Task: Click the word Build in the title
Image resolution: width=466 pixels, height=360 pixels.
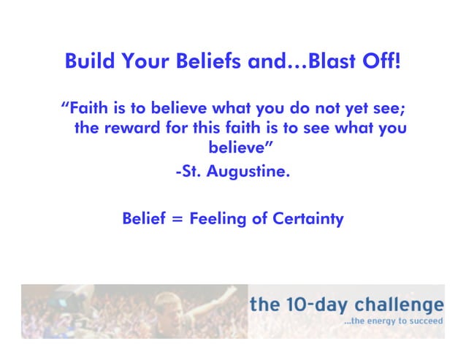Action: tap(87, 61)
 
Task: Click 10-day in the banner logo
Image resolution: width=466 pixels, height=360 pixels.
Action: tap(312, 304)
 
